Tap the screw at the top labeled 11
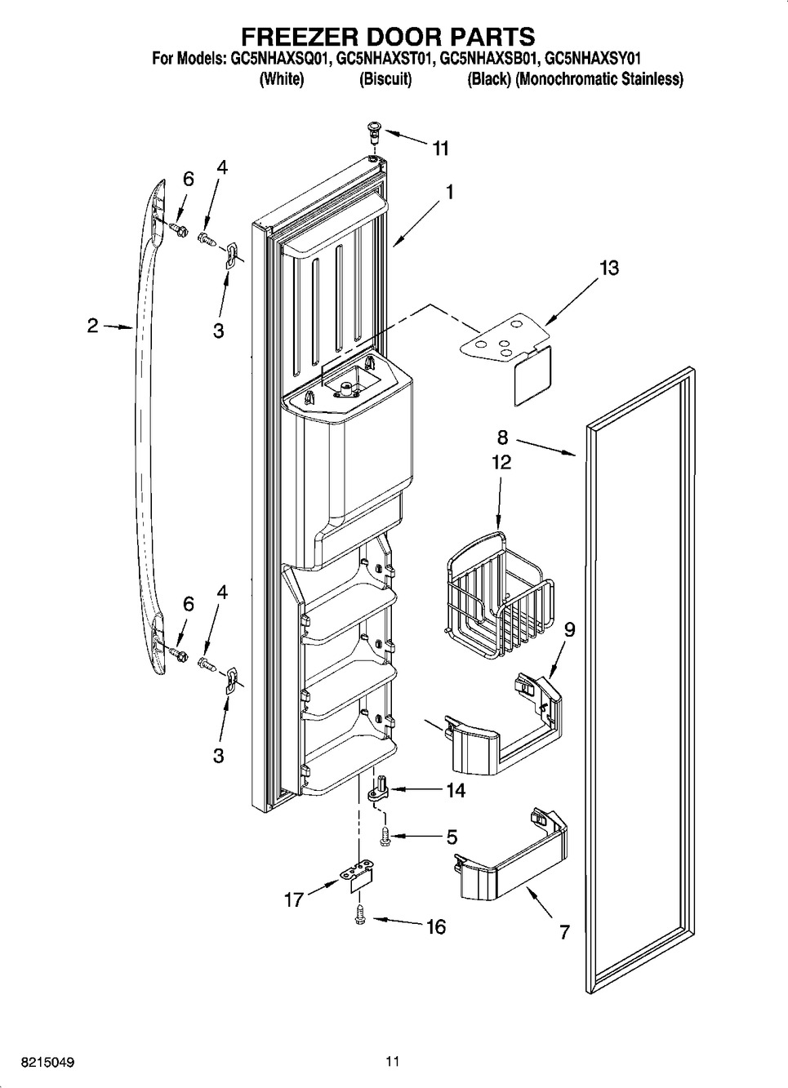click(x=374, y=131)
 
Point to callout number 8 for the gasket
click(x=502, y=437)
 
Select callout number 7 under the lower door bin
click(x=563, y=932)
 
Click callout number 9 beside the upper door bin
click(x=570, y=629)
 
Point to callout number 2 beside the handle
click(x=93, y=326)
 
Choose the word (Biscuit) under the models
click(x=385, y=79)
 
